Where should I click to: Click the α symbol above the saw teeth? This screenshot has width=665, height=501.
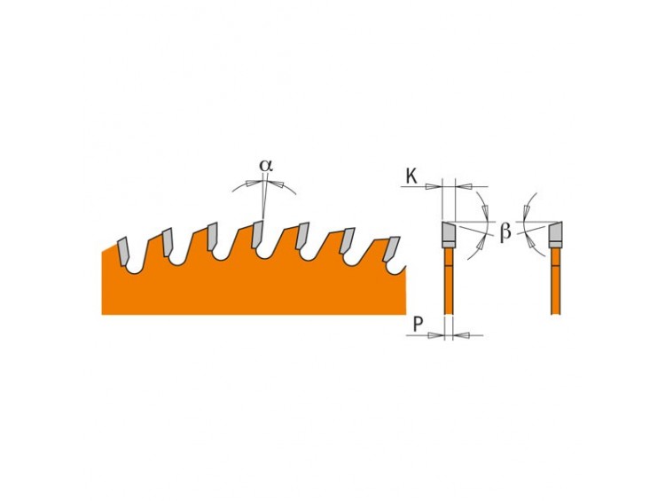coord(266,166)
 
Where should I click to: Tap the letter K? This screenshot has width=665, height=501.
coord(411,176)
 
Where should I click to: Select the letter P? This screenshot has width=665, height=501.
coord(419,325)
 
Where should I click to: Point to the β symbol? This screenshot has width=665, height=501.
coord(505,231)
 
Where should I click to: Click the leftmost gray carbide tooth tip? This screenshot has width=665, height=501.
coord(124,251)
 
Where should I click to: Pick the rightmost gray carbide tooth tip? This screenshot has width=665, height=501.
coord(391,249)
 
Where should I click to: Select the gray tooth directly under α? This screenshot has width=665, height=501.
coord(257,234)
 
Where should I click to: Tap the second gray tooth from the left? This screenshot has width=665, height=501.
coord(167,242)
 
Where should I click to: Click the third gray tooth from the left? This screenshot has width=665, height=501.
coord(213,236)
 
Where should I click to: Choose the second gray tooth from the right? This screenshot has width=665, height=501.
coord(347,241)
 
